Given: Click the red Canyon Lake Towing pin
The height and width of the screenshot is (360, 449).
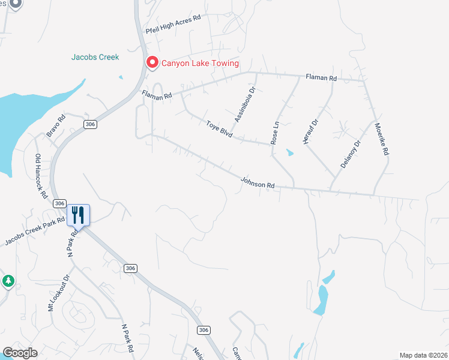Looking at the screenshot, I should click(x=152, y=62).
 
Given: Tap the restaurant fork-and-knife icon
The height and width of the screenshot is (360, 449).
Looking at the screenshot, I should click(x=78, y=214).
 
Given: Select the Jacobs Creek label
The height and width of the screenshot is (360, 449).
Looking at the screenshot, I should click(x=95, y=58).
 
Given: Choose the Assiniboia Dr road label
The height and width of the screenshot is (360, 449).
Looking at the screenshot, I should click(x=245, y=104).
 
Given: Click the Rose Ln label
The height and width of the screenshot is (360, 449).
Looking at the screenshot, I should click(x=276, y=133).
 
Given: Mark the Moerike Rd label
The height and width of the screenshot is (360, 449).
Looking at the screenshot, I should click(x=382, y=140).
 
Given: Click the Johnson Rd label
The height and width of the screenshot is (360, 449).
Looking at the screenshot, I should click(x=258, y=182).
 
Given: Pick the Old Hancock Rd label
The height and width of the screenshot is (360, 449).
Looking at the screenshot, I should click(x=41, y=176).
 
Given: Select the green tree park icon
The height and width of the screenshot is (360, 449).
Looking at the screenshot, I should click(x=8, y=280).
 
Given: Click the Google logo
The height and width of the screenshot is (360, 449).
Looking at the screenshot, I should click(x=20, y=353).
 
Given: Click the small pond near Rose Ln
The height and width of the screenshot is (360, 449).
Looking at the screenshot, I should click(x=291, y=152).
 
